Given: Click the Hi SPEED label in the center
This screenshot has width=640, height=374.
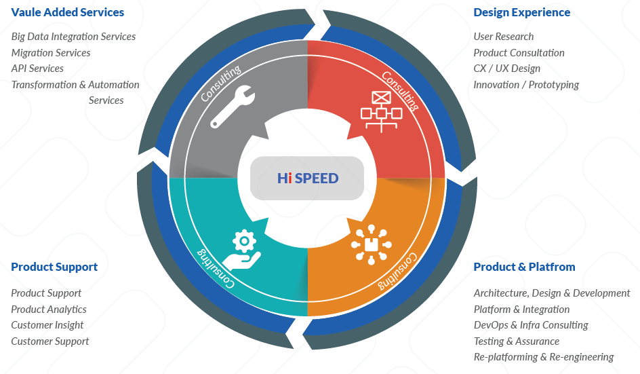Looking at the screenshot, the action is tap(308, 179).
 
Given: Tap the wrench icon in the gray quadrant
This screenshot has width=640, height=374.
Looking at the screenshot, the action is tap(233, 107).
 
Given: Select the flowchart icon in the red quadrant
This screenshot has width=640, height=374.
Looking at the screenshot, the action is tap(382, 111).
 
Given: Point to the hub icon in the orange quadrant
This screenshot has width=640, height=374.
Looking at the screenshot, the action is tap(371, 244).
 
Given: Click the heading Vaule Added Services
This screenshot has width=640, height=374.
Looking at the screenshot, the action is tap(68, 12).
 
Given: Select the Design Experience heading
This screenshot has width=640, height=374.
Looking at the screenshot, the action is tap(521, 12).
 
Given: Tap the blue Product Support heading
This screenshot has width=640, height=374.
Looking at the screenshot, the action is tap(54, 267).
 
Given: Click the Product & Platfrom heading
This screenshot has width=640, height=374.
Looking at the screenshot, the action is tap(524, 267).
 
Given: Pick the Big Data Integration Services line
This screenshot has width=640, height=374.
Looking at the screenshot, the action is tap(73, 37).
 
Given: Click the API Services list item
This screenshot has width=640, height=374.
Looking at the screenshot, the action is tap(37, 69).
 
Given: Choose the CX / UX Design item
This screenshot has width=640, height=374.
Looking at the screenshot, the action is tap(507, 69).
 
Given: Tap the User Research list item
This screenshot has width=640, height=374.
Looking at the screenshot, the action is tap(504, 37).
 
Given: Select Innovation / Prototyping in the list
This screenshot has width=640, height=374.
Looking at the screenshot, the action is tap(526, 85).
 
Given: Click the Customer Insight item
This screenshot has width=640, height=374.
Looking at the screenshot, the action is tap(47, 325).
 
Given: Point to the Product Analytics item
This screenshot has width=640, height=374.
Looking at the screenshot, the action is tap(49, 310).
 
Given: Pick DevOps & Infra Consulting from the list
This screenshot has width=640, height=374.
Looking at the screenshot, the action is tap(531, 325).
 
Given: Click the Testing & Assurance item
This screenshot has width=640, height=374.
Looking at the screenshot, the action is tap(517, 341).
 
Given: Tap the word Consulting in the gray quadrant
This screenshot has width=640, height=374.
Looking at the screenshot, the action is tap(221, 83).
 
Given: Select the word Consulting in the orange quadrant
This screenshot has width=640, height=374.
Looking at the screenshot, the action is tap(398, 272).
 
